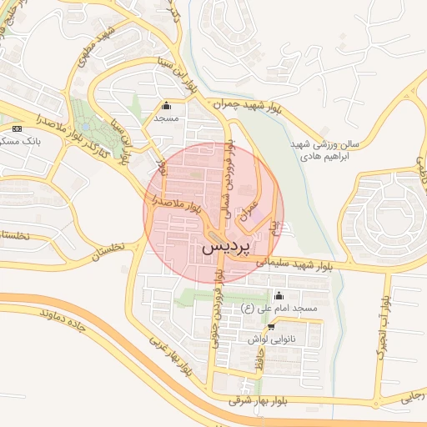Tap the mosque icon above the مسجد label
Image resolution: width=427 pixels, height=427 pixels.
[166, 106]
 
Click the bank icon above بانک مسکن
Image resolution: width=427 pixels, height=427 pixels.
[18, 128]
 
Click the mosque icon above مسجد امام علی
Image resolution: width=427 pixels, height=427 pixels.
[279, 296]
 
